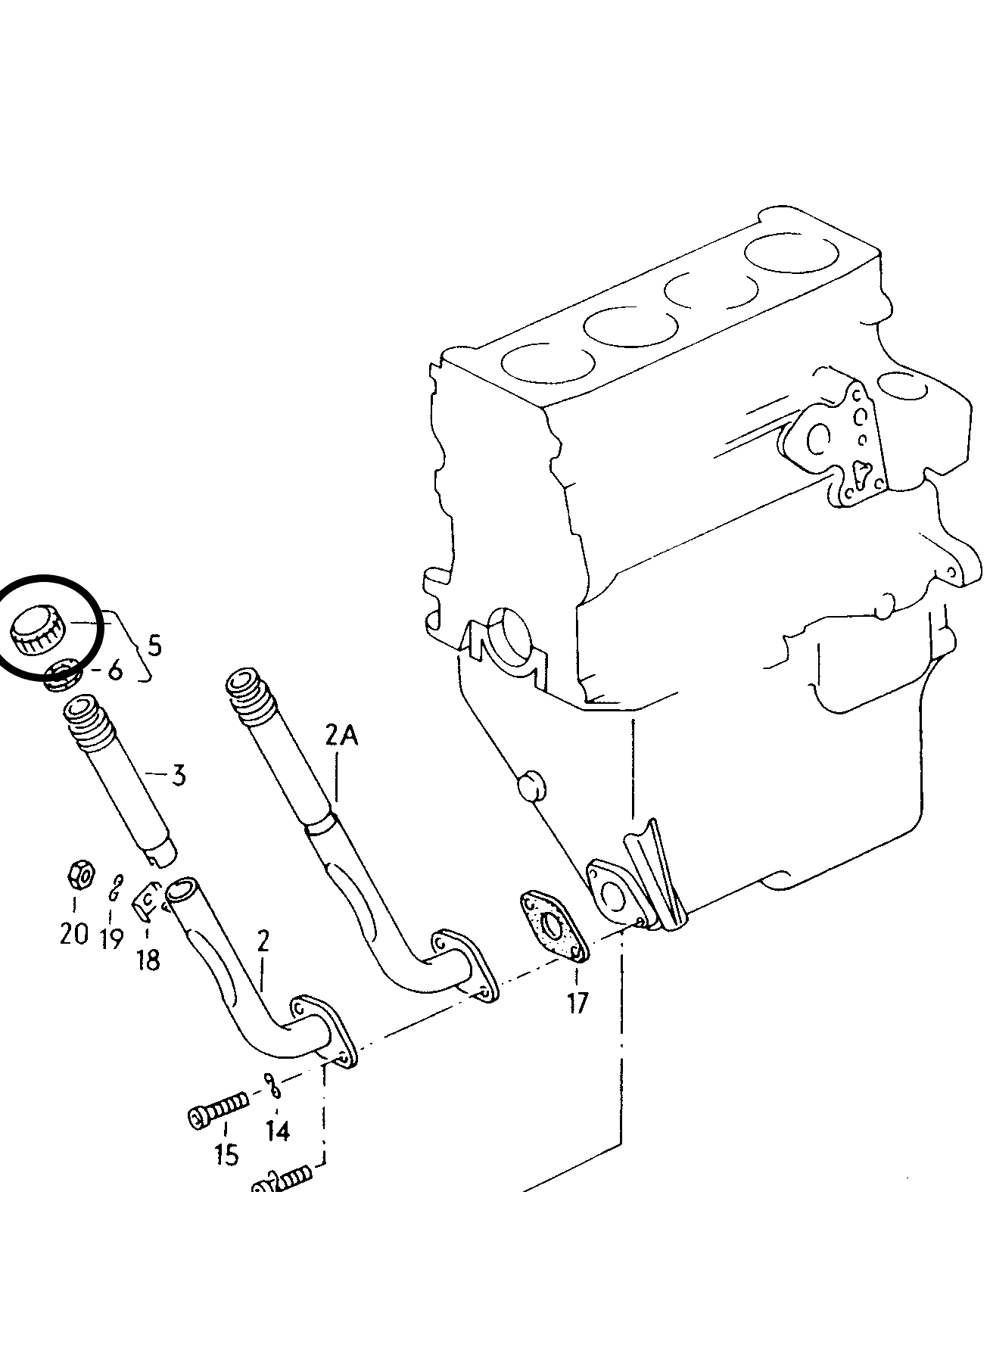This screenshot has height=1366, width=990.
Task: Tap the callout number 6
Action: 115,671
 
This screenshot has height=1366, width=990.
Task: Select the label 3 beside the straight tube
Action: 179,775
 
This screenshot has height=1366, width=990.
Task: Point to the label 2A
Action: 341,736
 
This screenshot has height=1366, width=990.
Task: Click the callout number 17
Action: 577,1003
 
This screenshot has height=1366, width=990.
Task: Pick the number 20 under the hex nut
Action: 74,934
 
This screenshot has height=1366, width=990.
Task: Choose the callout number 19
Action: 111,938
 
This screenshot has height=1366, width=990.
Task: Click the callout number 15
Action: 226,1154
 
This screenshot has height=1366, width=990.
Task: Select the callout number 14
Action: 278,1131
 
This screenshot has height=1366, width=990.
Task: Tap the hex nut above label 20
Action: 79,876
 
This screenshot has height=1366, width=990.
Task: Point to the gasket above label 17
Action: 553,927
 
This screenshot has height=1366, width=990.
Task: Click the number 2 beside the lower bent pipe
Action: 263,942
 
